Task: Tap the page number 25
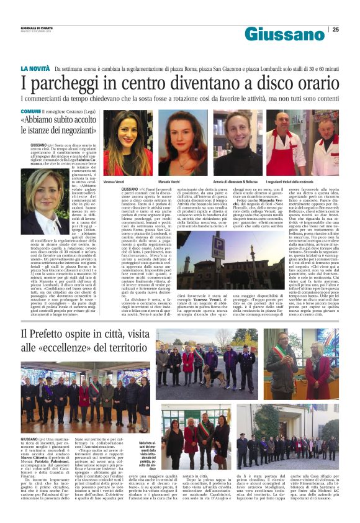336,29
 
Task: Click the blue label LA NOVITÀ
35,68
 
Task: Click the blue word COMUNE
30,109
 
